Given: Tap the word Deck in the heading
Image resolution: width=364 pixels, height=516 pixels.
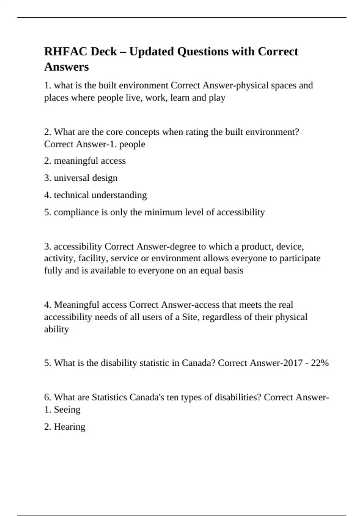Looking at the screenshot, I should (x=103, y=52).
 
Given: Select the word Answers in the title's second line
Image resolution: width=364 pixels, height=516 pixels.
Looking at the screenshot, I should (x=66, y=67).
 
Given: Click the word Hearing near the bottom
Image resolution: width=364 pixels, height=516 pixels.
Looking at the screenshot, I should (x=69, y=427).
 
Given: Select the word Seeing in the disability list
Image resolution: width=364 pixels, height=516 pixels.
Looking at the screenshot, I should (x=67, y=409).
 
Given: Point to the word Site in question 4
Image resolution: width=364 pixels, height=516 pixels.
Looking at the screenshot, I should (x=189, y=317).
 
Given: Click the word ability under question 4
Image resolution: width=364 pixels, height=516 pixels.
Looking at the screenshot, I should (x=56, y=329).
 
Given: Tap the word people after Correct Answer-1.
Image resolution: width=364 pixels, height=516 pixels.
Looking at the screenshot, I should (x=132, y=144).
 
